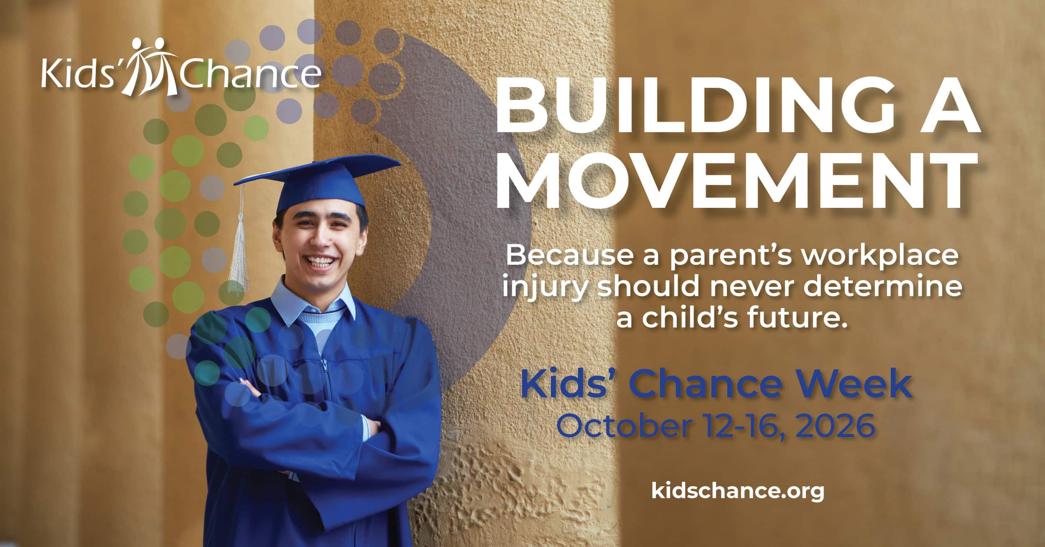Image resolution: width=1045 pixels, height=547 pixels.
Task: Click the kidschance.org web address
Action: click(x=738, y=491)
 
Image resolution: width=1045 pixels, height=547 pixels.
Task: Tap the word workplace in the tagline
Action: click(x=879, y=256)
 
